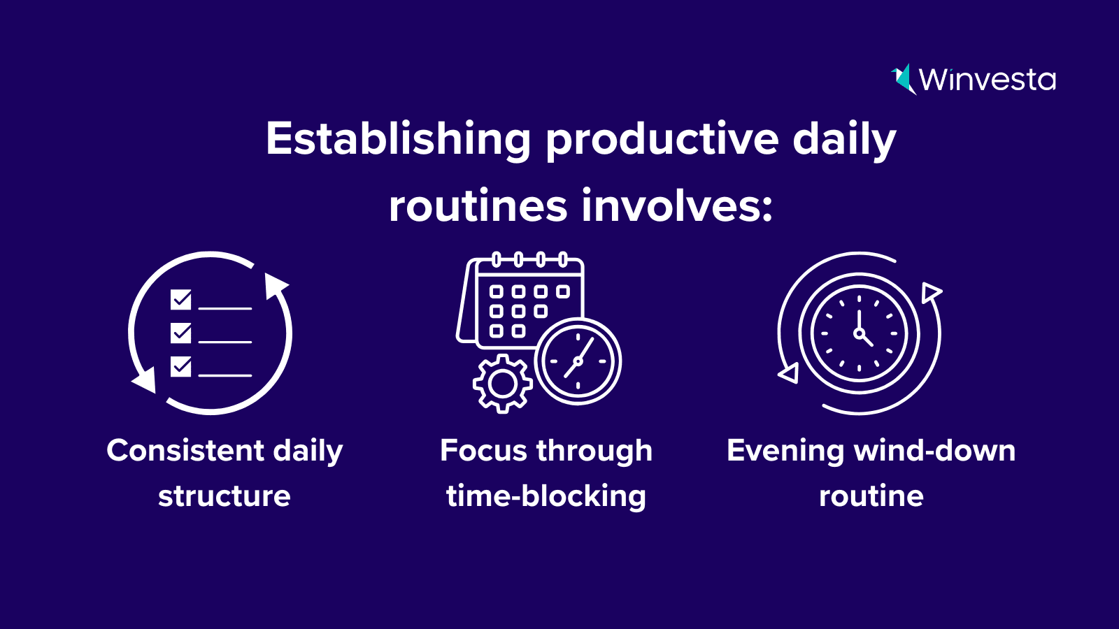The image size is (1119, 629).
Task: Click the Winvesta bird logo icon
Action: (x=903, y=78)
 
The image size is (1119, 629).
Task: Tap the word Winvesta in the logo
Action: (x=987, y=80)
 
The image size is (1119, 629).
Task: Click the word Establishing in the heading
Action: (x=398, y=139)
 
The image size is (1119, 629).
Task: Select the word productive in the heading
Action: (x=662, y=139)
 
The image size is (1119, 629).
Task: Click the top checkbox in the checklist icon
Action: (x=181, y=300)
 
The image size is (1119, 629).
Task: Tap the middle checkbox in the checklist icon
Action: (x=181, y=333)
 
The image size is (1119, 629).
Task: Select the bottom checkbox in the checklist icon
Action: (x=181, y=366)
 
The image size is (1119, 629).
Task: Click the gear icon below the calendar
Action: (x=502, y=384)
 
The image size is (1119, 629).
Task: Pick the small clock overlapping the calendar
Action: (x=578, y=361)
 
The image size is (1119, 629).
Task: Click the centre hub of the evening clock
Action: (x=859, y=333)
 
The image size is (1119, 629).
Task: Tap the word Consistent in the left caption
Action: (x=185, y=451)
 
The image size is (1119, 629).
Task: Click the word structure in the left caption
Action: (x=224, y=496)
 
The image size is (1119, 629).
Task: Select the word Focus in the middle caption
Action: (x=483, y=451)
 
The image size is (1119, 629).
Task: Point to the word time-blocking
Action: (x=546, y=496)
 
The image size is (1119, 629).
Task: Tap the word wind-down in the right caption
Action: (x=934, y=451)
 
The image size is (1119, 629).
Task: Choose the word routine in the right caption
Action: (x=871, y=496)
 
